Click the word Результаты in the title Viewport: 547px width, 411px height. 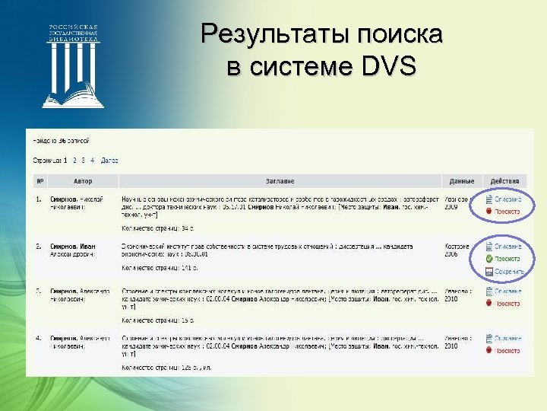tap(267, 34)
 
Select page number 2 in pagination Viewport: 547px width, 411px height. tap(74, 161)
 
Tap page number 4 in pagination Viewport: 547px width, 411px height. tap(92, 161)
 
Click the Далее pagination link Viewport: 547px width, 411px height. tap(109, 161)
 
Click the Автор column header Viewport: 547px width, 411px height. tap(83, 181)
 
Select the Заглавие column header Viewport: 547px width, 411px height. tap(280, 181)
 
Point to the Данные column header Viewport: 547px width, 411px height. tap(461, 181)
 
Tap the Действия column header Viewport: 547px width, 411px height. tap(504, 181)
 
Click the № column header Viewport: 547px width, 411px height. tap(40, 181)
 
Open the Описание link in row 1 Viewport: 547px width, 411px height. tap(507, 199)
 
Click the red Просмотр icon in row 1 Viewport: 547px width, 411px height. tap(489, 211)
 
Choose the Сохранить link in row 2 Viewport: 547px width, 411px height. tap(508, 270)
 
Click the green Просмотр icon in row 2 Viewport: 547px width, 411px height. tap(489, 259)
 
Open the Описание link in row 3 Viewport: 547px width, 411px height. tap(507, 292)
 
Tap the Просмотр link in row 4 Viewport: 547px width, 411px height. tap(507, 350)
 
